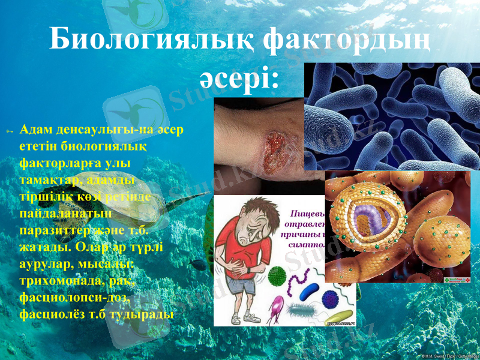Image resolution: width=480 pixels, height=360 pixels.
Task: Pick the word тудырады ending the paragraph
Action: point(138,313)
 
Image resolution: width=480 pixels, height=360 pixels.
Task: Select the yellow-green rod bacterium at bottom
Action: point(338,315)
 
